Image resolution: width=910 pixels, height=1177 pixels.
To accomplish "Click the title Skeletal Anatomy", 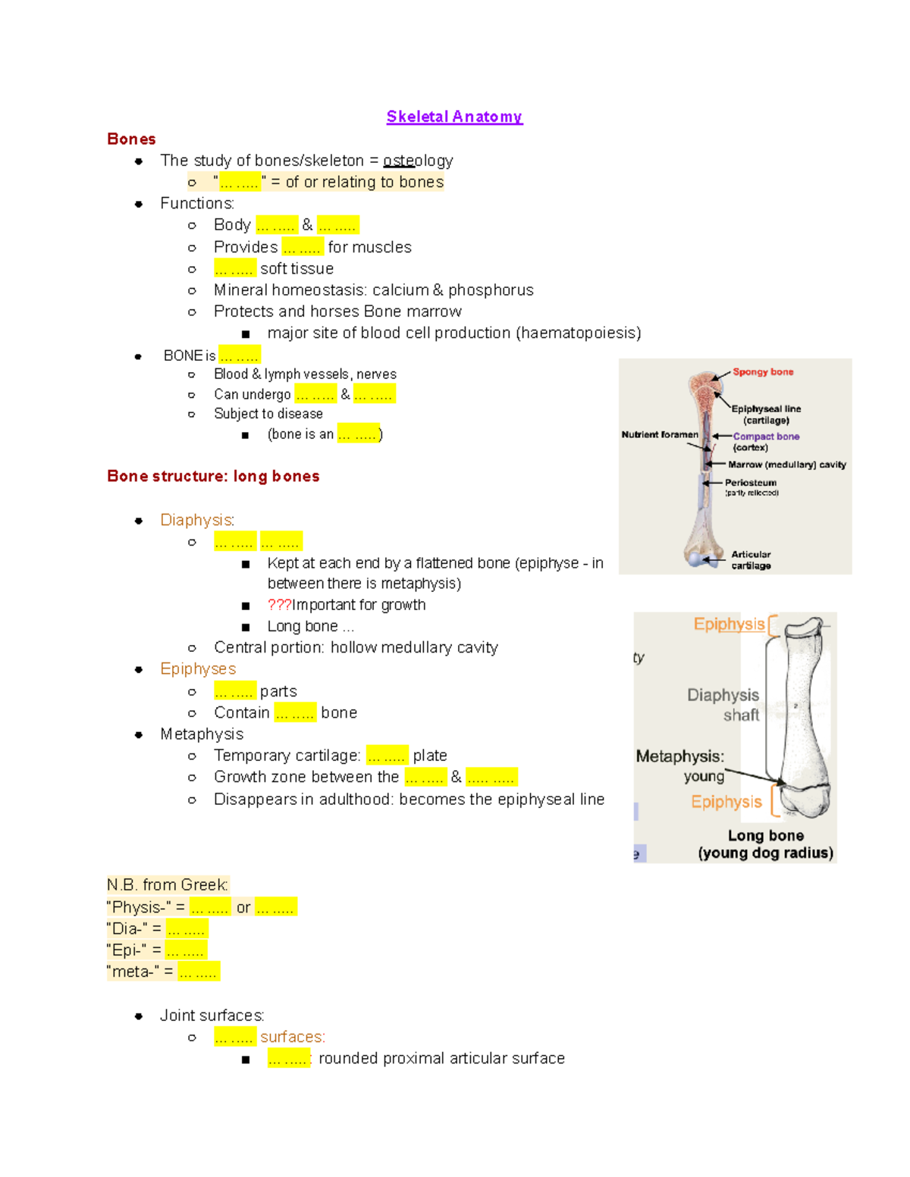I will tap(454, 117).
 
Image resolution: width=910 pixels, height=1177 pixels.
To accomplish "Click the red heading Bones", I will tap(131, 139).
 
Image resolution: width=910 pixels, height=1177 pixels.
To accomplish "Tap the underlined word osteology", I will tap(418, 161).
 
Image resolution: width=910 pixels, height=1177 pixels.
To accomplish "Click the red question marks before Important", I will tap(279, 605).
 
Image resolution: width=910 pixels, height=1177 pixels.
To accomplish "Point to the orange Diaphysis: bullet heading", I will tap(197, 520).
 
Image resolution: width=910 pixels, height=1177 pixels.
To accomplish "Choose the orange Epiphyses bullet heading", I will tap(198, 668).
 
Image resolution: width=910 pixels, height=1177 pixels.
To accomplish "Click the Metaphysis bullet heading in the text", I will tap(202, 734).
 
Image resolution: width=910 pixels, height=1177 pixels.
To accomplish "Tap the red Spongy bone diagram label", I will tap(763, 372).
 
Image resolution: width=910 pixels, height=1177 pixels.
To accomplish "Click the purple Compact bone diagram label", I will tap(766, 437).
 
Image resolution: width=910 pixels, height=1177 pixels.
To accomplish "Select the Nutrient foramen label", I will tap(659, 434).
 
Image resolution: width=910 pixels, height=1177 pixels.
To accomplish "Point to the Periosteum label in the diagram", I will tap(750, 483).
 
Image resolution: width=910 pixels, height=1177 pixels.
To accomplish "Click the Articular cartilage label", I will tap(751, 560).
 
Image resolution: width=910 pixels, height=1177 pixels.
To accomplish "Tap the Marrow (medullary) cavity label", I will tap(786, 465).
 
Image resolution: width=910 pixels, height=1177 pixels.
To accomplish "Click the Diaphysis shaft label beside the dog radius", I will tap(723, 705).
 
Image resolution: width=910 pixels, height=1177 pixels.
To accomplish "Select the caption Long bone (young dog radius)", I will tap(765, 844).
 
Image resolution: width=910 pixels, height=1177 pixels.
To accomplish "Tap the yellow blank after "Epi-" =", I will tap(186, 950).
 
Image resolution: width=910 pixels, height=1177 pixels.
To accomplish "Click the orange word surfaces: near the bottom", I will tap(293, 1037).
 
